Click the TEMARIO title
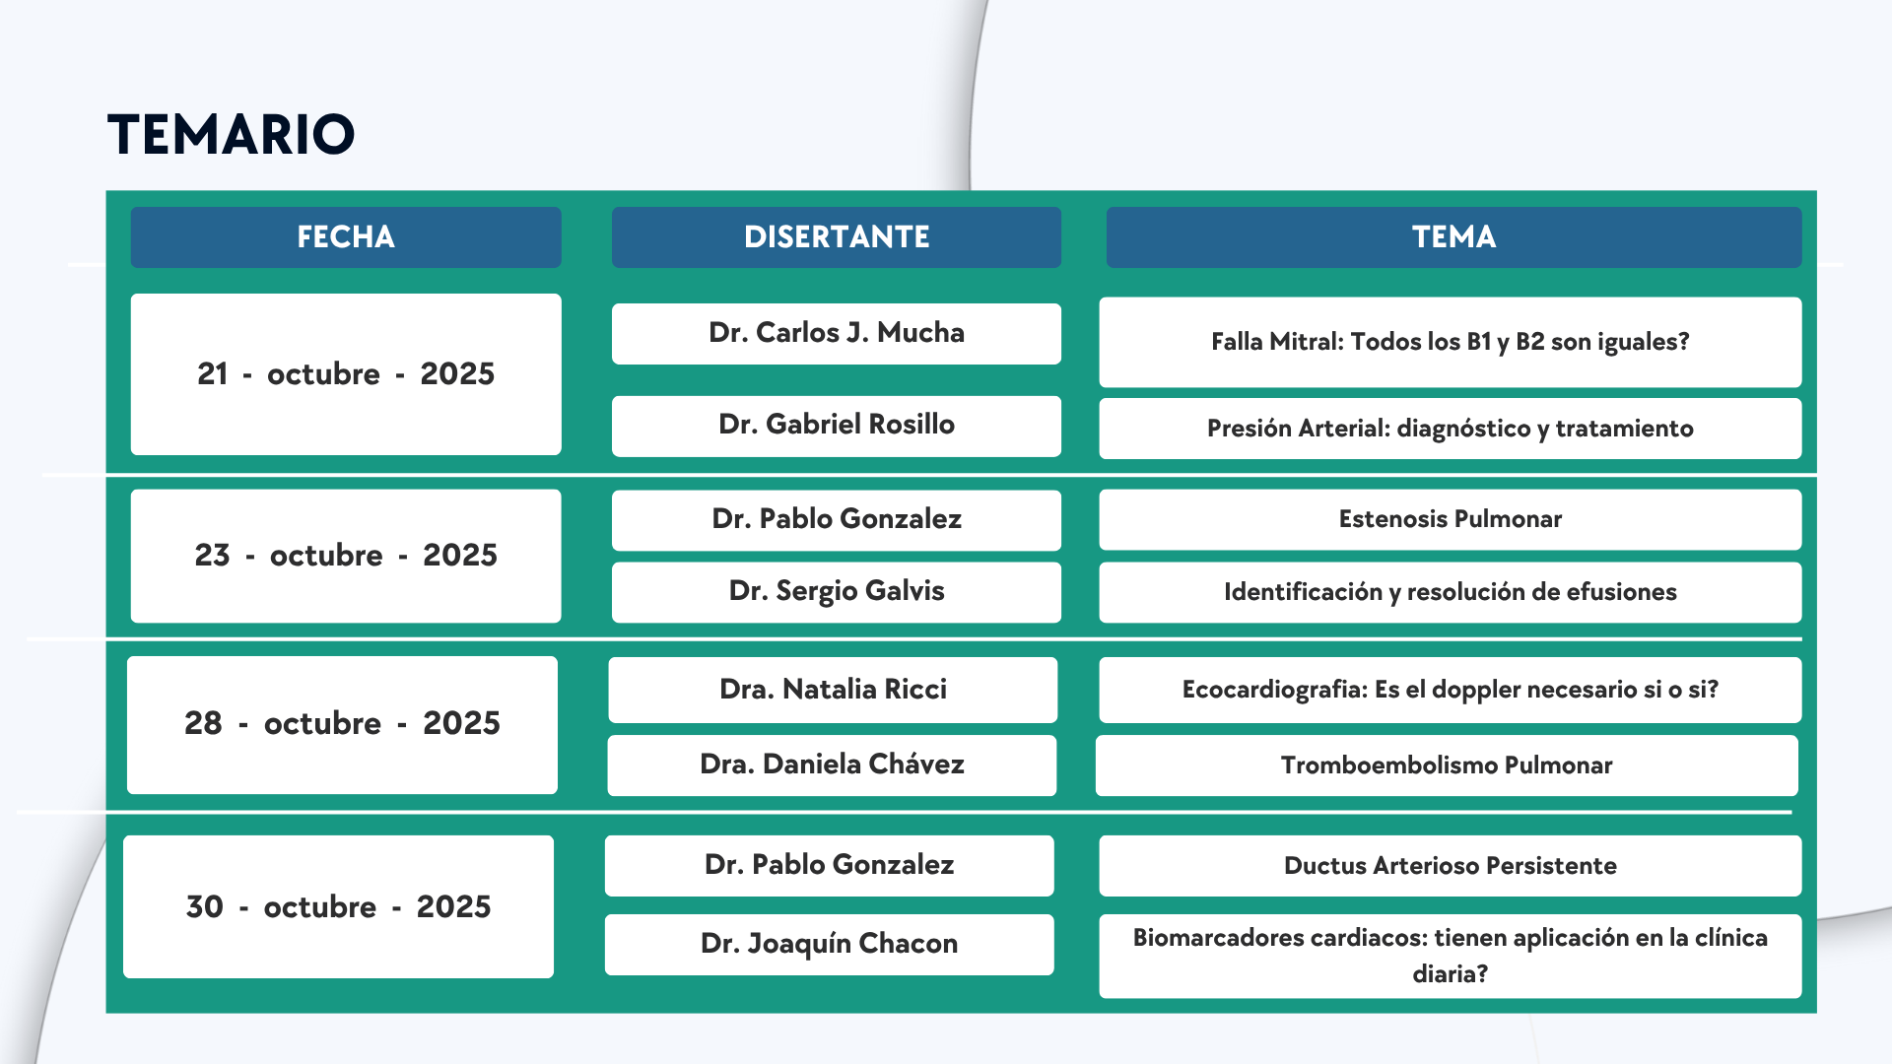point(231,134)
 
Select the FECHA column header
point(346,237)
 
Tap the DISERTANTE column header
point(837,237)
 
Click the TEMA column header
point(1453,237)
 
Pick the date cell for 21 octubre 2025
point(346,374)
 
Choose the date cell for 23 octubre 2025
point(346,556)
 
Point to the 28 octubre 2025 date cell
point(342,724)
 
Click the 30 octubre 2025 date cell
point(338,906)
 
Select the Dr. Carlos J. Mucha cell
point(837,333)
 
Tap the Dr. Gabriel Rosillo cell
point(837,426)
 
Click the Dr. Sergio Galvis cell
point(837,592)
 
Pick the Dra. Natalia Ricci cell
point(833,690)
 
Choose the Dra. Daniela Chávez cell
point(832,765)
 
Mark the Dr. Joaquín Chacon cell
point(829,945)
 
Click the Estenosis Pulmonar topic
point(1451,519)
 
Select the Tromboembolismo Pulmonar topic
point(1447,765)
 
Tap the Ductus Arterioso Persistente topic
point(1451,866)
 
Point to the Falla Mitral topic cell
point(1451,342)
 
